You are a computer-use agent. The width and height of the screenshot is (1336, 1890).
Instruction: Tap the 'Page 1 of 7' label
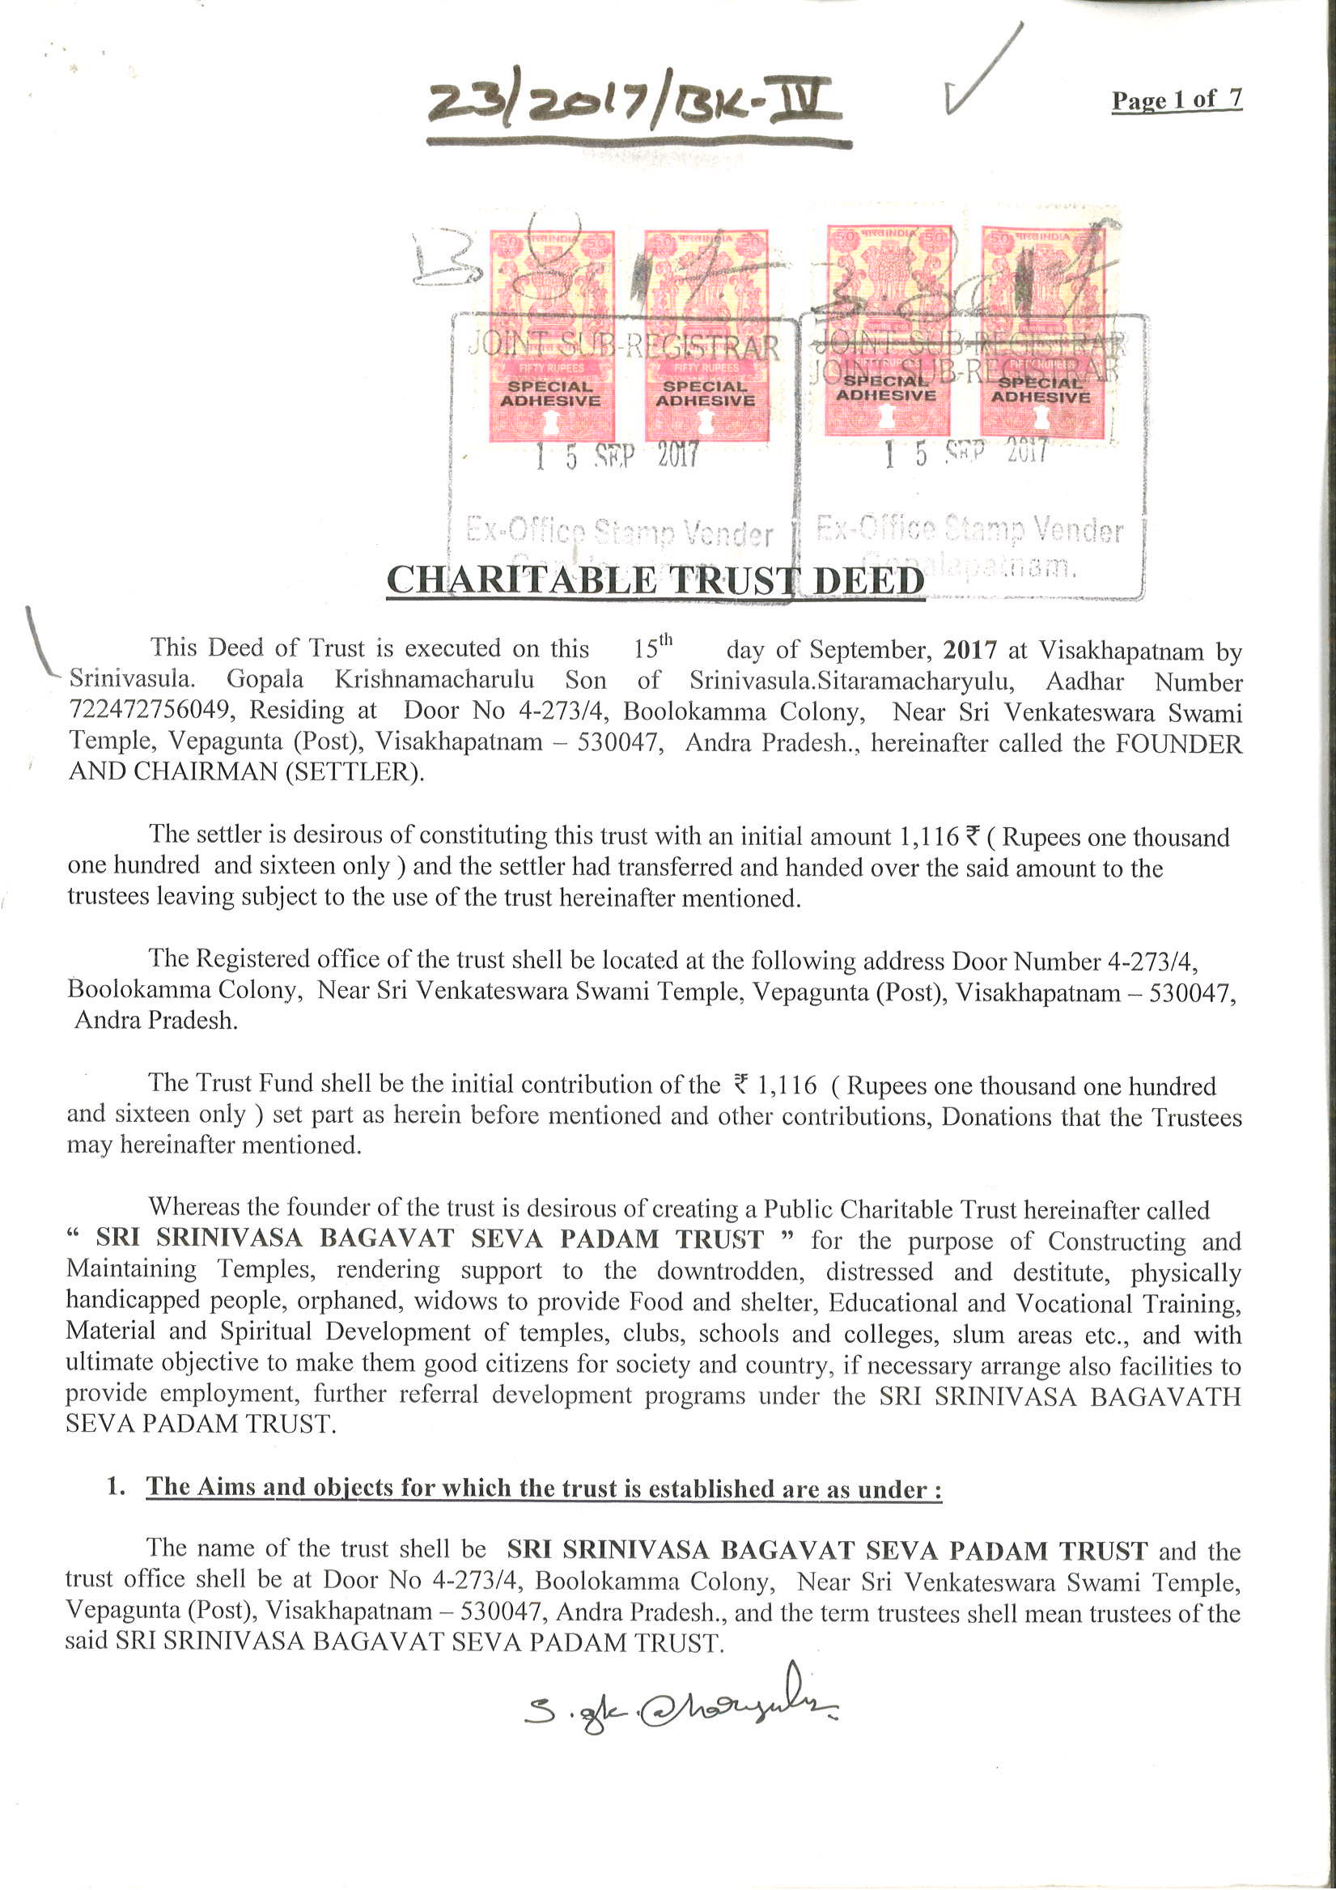1177,100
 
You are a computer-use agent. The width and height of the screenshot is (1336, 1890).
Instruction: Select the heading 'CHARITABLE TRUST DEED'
655,580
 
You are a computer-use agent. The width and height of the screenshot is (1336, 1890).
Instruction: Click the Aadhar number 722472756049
149,710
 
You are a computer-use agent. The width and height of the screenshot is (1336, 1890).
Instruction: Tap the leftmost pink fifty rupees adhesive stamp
551,336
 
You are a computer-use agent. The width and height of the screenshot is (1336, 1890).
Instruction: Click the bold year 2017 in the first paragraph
969,650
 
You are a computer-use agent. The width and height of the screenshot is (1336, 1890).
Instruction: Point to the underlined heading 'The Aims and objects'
543,1489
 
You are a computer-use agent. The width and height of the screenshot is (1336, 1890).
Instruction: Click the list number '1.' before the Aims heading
115,1487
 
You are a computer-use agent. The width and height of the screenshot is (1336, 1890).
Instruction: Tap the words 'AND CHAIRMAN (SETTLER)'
246,772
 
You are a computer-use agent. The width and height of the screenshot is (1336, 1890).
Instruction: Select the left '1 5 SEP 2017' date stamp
616,455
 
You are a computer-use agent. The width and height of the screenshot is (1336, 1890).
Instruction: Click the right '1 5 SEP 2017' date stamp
965,452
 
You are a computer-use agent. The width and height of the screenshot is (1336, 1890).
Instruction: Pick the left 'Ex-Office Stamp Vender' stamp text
619,533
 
